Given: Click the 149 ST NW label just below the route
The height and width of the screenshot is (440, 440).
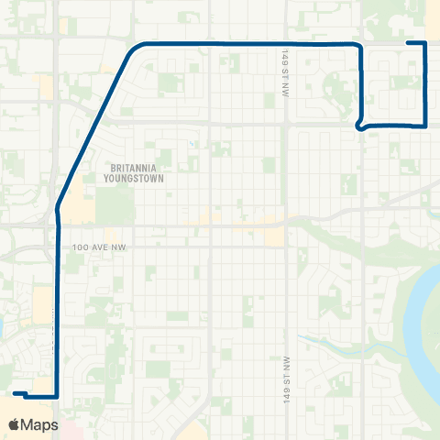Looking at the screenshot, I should (x=286, y=64).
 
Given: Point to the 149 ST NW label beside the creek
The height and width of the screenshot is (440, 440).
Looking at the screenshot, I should (x=287, y=377).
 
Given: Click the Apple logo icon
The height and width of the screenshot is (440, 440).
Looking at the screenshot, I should (x=14, y=424).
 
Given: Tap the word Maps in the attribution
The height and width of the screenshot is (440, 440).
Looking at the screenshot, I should (x=39, y=424).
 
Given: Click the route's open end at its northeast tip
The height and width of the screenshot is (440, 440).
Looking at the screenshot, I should (x=408, y=43).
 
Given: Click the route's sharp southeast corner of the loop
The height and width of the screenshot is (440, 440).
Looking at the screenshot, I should (x=426, y=125).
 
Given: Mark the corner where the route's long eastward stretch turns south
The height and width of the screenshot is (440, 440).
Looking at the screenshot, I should (x=361, y=45).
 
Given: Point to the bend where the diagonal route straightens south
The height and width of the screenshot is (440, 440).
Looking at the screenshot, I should (x=59, y=209).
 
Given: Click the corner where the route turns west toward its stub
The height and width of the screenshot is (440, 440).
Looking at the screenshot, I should (x=58, y=396).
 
